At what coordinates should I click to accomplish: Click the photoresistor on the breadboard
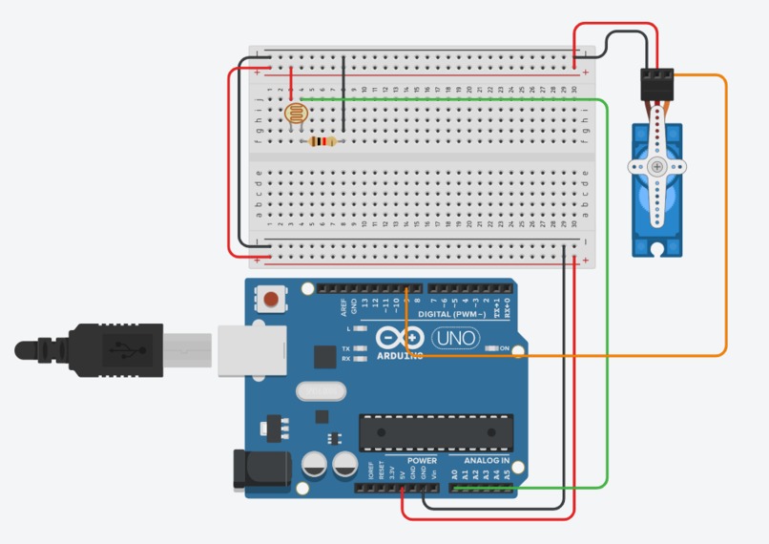297,115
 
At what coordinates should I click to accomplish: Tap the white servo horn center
656,166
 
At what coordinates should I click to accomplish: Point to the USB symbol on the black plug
120,349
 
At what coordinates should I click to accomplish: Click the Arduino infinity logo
400,338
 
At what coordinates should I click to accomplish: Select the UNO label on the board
456,338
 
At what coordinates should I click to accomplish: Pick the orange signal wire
726,220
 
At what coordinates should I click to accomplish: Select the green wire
607,286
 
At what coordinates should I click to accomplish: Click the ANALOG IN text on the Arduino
487,460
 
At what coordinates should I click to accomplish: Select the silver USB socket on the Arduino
252,349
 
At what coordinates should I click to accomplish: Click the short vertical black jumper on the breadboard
343,95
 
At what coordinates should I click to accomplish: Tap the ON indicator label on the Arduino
504,348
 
